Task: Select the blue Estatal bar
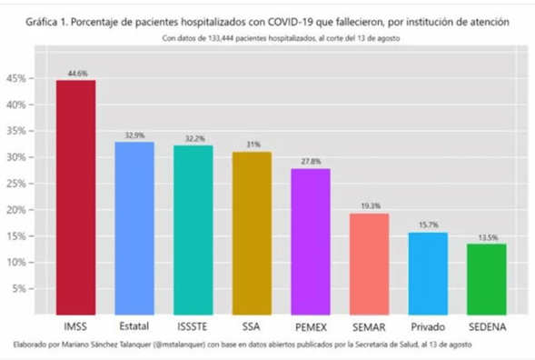click(x=134, y=228)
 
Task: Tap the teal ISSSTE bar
click(x=193, y=230)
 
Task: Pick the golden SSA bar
click(x=252, y=233)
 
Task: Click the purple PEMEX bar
click(x=311, y=242)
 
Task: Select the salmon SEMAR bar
click(x=369, y=264)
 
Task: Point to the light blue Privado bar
click(x=428, y=273)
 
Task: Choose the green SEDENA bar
click(x=487, y=278)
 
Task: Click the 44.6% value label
click(x=75, y=73)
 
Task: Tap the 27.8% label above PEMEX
click(x=311, y=161)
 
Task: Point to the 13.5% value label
click(x=487, y=236)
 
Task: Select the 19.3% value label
click(x=369, y=206)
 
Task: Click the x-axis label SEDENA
click(x=487, y=325)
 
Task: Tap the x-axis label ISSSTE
click(x=193, y=325)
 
